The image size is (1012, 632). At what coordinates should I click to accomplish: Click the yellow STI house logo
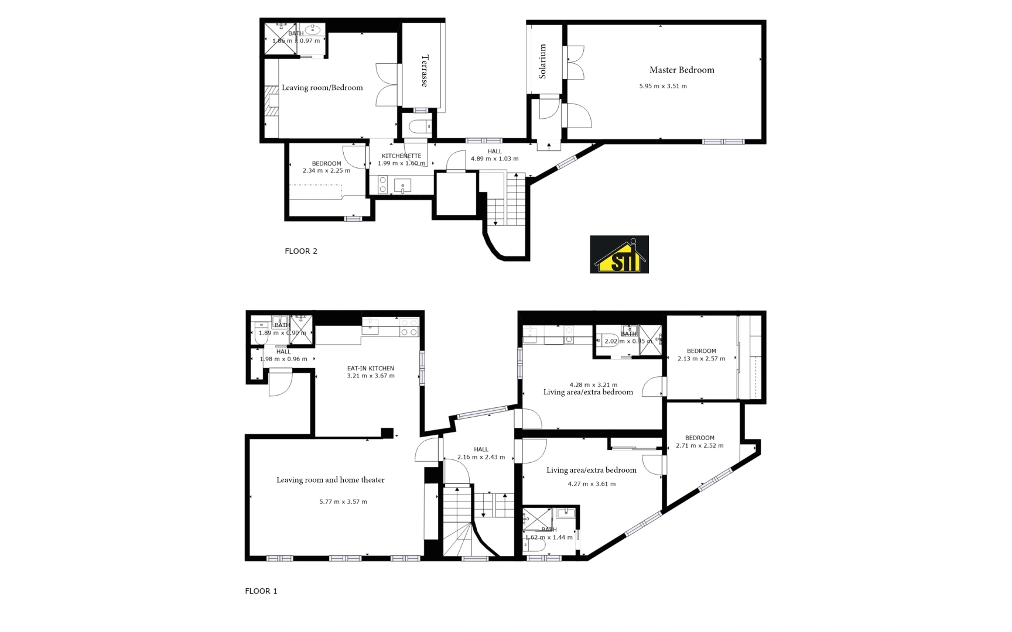tap(619, 255)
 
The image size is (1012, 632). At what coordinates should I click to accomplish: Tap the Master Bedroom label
tap(682, 70)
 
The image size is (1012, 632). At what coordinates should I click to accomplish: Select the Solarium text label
tap(543, 61)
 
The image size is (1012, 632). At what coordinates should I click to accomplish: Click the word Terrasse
tap(425, 71)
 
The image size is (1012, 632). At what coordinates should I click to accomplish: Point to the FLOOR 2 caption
tap(301, 251)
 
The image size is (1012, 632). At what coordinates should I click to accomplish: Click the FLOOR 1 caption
tap(261, 591)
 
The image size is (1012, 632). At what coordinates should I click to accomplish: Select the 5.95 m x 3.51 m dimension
tap(663, 86)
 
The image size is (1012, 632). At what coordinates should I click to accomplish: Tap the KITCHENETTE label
tap(401, 156)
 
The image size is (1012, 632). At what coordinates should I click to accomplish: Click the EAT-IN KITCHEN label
tap(371, 369)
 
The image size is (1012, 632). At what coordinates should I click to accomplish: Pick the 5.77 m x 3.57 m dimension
tap(343, 502)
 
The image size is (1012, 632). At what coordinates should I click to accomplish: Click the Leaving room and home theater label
tap(330, 480)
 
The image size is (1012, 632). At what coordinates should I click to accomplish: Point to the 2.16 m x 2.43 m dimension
tap(481, 457)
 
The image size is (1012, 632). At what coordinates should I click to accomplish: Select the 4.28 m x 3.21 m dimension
tap(593, 385)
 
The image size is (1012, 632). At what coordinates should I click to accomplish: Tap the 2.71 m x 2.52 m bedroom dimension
tap(699, 445)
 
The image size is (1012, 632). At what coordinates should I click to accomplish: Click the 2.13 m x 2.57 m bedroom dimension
tap(701, 359)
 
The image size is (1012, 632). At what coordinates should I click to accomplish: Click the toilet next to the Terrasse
tap(419, 126)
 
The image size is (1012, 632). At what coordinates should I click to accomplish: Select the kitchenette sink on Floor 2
tap(402, 186)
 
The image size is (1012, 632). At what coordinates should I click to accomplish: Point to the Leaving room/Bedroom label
tap(322, 88)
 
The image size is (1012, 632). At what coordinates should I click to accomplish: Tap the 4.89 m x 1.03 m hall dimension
tap(494, 159)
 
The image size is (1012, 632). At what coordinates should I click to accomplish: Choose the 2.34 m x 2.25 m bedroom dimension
tap(326, 171)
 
